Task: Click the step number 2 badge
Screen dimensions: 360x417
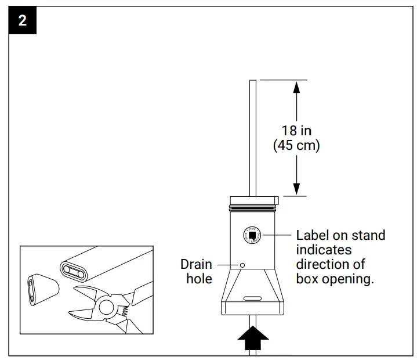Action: click(x=22, y=21)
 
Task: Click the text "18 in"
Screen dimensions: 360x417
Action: click(x=296, y=131)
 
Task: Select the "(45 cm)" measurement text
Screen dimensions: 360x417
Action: click(x=296, y=145)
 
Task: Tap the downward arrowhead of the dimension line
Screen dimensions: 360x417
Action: click(x=296, y=189)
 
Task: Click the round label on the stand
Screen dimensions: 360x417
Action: click(x=253, y=235)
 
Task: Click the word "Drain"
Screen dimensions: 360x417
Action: click(x=196, y=264)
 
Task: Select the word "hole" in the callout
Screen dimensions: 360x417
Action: click(x=199, y=279)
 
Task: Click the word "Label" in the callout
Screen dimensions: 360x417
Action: click(x=313, y=235)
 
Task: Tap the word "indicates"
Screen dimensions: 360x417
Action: click(x=324, y=250)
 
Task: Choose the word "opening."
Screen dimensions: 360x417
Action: click(x=350, y=279)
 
